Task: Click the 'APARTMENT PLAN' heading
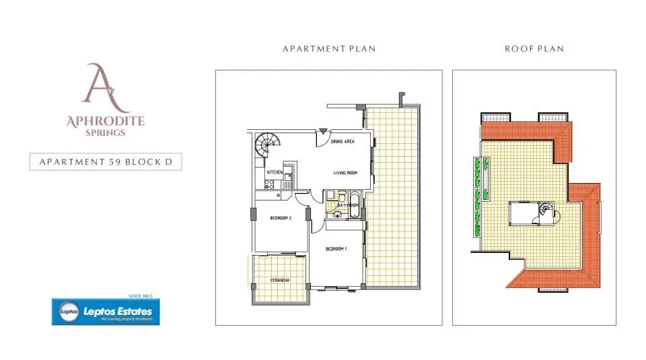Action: pos(328,49)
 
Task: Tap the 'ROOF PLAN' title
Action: pos(534,49)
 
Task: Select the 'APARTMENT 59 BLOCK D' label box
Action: pos(106,162)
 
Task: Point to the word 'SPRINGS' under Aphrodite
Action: pos(105,133)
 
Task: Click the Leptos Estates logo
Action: pos(106,312)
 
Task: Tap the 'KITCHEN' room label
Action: pos(275,173)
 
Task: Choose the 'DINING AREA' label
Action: pos(343,142)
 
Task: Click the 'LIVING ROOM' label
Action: pos(345,173)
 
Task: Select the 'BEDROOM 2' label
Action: pos(281,219)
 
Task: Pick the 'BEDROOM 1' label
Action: pos(335,249)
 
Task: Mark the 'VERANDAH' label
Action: pos(281,280)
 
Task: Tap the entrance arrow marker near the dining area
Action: pos(324,131)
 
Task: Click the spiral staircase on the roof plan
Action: pos(546,211)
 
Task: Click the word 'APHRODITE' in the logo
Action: pos(106,122)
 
